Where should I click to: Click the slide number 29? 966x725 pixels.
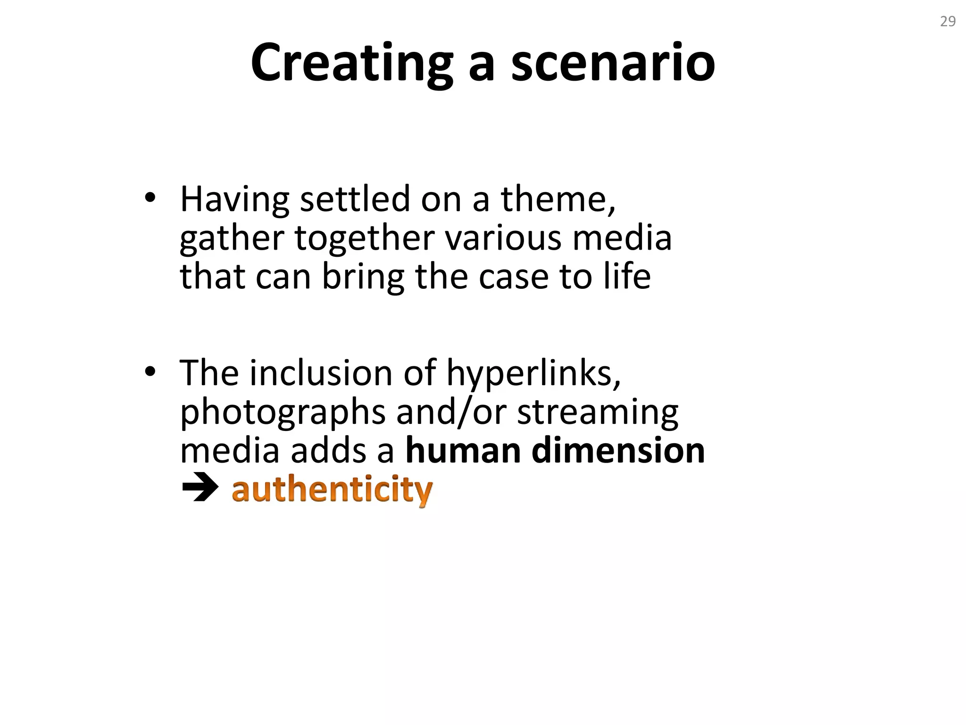[x=948, y=22]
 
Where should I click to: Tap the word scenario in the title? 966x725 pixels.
[x=613, y=63]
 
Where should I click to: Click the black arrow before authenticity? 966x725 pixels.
[x=200, y=489]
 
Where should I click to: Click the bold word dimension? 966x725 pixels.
[x=618, y=451]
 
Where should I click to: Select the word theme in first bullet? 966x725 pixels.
[x=558, y=199]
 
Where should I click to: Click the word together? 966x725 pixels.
[x=364, y=238]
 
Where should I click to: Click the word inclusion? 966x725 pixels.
[x=321, y=373]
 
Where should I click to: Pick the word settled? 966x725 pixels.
[x=355, y=199]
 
